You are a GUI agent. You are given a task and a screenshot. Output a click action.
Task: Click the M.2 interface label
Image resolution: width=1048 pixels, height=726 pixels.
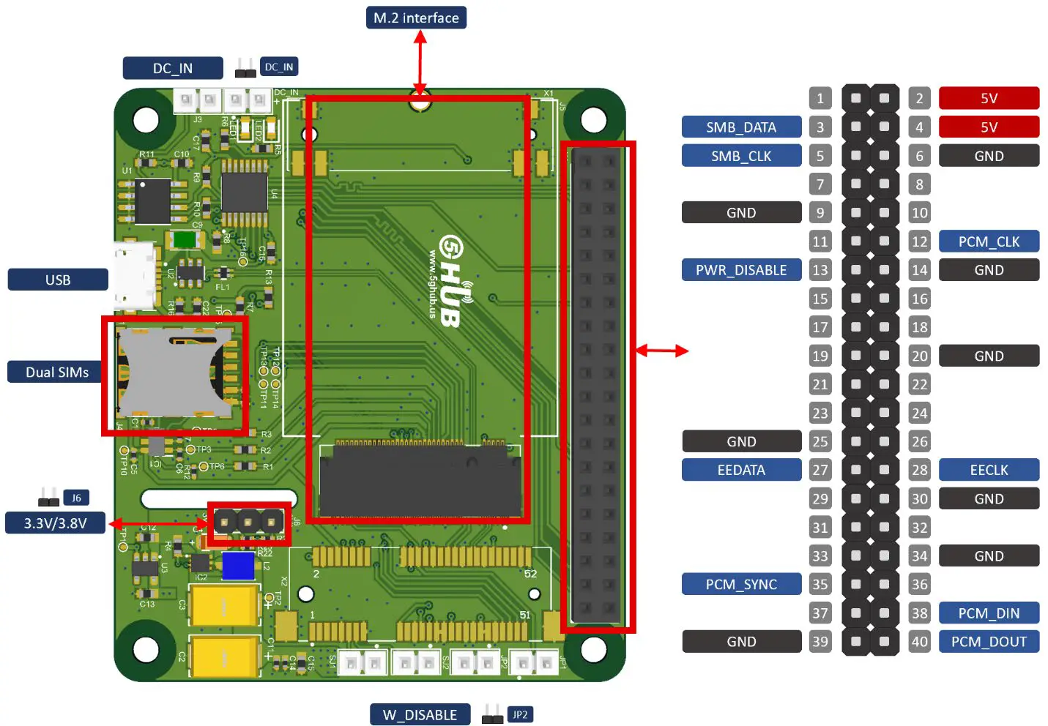tap(416, 18)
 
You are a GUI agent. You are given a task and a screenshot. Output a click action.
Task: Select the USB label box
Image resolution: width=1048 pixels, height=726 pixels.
tap(58, 280)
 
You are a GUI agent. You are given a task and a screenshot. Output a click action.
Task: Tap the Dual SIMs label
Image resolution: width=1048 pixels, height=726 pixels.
tap(57, 372)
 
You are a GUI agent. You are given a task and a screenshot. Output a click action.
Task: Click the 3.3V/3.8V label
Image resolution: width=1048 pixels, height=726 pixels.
tap(55, 523)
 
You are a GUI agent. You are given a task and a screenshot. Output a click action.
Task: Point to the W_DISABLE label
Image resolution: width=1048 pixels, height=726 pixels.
tap(420, 714)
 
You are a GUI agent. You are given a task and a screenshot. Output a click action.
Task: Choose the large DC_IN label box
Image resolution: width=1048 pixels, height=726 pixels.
tap(173, 68)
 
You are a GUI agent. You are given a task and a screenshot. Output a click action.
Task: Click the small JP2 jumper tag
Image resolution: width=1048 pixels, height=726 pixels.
tap(520, 714)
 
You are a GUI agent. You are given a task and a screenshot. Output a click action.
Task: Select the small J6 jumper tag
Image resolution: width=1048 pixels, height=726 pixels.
tap(76, 498)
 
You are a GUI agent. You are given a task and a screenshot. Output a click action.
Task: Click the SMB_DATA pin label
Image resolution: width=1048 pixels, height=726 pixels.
tap(741, 127)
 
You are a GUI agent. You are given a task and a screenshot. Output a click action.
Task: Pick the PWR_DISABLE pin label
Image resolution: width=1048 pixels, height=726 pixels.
tap(741, 270)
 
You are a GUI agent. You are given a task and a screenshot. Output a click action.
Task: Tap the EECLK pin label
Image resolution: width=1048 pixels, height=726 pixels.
tap(989, 470)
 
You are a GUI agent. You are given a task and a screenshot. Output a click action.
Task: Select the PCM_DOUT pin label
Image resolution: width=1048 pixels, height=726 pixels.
tap(989, 642)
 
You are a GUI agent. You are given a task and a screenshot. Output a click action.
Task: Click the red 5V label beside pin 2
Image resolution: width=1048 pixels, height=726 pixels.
tap(989, 98)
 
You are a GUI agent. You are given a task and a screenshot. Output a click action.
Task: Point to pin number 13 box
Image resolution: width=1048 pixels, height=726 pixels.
tap(820, 270)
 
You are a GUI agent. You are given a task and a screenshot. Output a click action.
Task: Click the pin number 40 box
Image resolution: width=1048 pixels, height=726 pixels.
tap(919, 642)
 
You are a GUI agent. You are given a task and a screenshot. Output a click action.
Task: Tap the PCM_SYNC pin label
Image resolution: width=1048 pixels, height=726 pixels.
tap(741, 584)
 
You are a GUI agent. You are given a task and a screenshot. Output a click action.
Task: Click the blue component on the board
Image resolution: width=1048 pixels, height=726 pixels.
tap(238, 566)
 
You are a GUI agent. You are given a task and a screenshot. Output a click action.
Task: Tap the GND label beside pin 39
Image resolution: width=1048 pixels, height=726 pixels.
tap(741, 642)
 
